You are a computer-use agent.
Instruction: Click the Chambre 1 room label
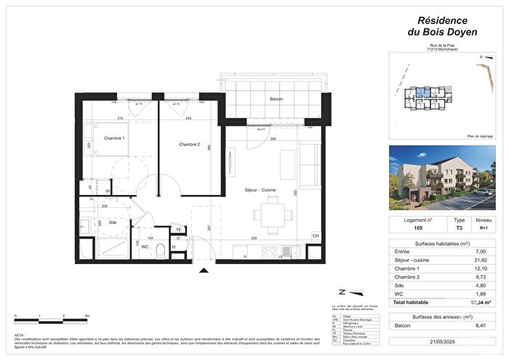point(113,138)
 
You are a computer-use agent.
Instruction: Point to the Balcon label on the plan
point(276,99)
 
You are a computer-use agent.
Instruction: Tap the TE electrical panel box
point(178,230)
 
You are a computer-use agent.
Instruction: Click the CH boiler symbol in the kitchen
point(315,236)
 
